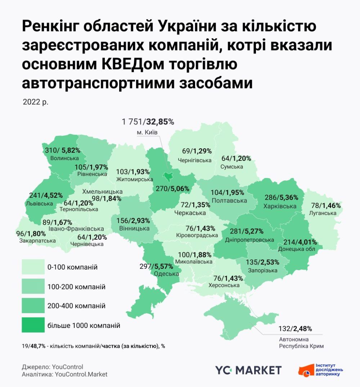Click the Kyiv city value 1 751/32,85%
click(148, 122)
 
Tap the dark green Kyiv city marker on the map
click(168, 176)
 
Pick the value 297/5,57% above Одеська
click(156, 266)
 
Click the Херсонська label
click(224, 285)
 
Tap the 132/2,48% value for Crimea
click(295, 329)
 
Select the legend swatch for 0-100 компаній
click(33, 267)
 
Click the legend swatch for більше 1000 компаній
click(33, 325)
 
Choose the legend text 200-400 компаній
click(76, 306)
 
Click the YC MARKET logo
click(248, 370)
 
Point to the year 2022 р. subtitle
click(35, 102)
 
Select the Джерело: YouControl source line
click(53, 367)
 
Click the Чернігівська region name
click(194, 160)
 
